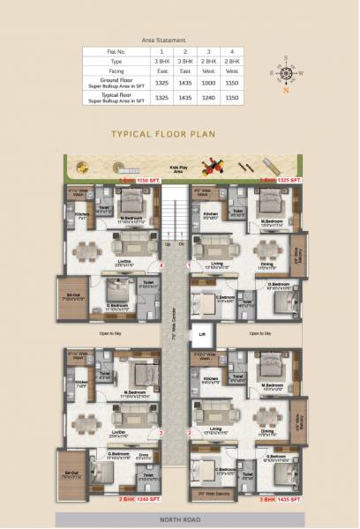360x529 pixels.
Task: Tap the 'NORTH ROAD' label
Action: point(180,520)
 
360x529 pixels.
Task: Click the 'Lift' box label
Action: point(202,335)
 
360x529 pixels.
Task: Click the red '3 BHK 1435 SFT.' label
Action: point(281,498)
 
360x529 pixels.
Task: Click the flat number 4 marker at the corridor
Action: point(161,265)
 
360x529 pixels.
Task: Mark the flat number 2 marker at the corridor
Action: point(189,433)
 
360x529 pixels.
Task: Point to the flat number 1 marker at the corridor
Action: point(189,265)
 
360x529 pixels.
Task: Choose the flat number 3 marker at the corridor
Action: point(161,433)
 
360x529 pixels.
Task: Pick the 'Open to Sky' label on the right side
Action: point(258,333)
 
